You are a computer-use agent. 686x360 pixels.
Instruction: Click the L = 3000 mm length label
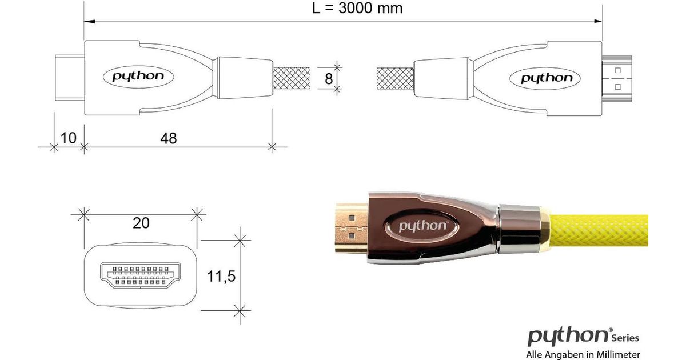coord(357,8)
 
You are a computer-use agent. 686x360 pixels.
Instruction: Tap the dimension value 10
coord(68,138)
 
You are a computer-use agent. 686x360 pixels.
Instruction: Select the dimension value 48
coord(169,138)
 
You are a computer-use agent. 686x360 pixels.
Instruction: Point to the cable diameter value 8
coord(329,79)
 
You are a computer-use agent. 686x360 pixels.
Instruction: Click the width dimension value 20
coord(141,223)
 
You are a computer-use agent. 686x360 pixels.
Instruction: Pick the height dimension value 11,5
coord(221,277)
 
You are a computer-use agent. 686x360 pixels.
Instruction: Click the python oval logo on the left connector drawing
coord(138,77)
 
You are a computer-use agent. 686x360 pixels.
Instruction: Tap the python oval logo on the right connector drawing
coord(545,79)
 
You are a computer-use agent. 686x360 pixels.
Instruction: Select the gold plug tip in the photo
coord(352,228)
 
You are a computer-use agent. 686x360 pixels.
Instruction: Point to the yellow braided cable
coord(599,230)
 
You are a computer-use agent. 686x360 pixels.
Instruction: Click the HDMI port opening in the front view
coord(141,275)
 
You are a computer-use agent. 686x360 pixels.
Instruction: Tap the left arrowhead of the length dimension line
coord(89,22)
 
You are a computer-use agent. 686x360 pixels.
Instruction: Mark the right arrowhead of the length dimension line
coord(597,21)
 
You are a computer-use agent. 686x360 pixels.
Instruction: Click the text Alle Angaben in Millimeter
coord(583,355)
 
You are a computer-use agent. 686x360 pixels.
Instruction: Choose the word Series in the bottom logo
coord(625,338)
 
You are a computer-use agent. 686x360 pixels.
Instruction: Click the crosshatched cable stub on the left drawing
coord(291,78)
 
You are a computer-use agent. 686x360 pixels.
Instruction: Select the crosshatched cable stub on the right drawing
coord(395,79)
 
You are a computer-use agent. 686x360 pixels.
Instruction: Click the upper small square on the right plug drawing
coord(618,71)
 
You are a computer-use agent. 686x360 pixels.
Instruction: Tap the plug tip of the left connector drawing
coord(70,78)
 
